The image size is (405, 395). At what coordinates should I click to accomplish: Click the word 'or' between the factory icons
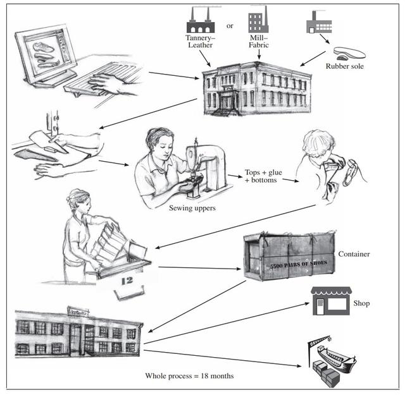(230, 27)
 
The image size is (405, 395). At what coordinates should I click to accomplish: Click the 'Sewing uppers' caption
(192, 207)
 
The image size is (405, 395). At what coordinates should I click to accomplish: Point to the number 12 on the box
(126, 280)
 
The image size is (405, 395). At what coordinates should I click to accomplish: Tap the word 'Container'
(354, 254)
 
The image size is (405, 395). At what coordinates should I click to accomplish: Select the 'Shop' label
(362, 303)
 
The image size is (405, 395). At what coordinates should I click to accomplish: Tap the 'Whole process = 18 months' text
(189, 376)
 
